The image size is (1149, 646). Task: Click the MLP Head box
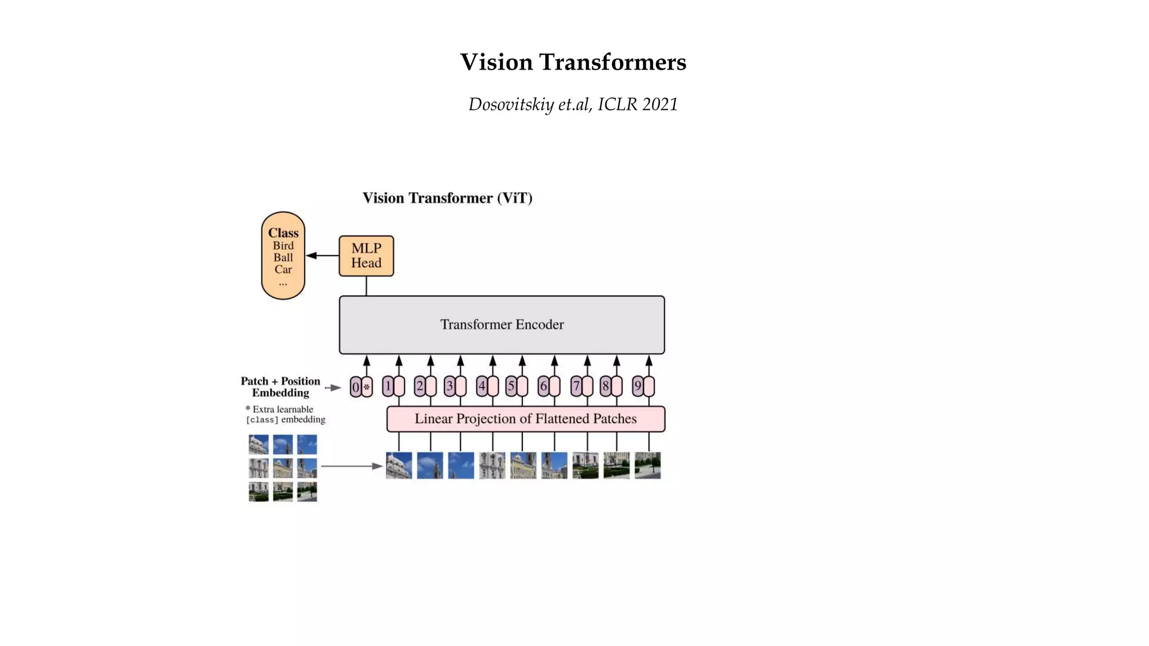tap(366, 256)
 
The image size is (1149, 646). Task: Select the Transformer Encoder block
tap(502, 325)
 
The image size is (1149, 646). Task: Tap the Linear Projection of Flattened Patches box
tap(525, 419)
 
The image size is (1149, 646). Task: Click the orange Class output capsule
tap(283, 256)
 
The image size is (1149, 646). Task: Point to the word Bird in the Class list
tap(283, 246)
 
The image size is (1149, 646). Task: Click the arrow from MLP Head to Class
tap(322, 256)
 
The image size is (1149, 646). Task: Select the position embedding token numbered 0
tap(355, 387)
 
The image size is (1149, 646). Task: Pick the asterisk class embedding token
tap(367, 387)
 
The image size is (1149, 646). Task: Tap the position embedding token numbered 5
tap(511, 386)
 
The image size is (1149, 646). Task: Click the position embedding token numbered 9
tap(637, 386)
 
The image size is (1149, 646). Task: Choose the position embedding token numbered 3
tap(449, 386)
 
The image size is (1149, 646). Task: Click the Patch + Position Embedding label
tap(280, 387)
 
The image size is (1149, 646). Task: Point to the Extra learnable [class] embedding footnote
tap(285, 414)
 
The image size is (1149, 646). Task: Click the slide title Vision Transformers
tap(573, 62)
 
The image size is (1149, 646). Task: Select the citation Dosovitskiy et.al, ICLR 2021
tap(573, 104)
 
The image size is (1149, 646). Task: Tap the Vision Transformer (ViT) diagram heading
tap(447, 198)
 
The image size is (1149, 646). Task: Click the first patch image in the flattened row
tap(399, 465)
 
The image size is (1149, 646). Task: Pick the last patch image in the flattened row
tap(647, 465)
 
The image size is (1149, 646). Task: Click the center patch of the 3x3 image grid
tap(283, 468)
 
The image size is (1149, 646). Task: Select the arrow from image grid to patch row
tap(352, 466)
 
